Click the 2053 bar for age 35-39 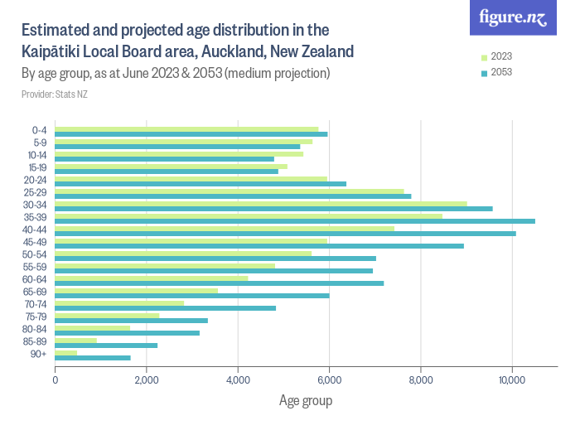(x=294, y=221)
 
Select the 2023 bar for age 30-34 (x=260, y=203)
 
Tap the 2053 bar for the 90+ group (x=92, y=358)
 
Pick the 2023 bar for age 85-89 (x=75, y=340)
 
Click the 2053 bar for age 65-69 (x=191, y=296)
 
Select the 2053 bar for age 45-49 (x=259, y=246)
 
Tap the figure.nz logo (x=513, y=18)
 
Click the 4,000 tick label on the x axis (x=238, y=380)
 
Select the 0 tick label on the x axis (x=56, y=380)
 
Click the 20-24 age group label (x=36, y=180)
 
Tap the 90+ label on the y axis (x=39, y=354)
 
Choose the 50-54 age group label (x=36, y=254)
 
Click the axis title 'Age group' (x=305, y=402)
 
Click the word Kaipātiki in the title (x=56, y=51)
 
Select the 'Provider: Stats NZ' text (x=54, y=94)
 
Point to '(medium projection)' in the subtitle (x=279, y=74)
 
